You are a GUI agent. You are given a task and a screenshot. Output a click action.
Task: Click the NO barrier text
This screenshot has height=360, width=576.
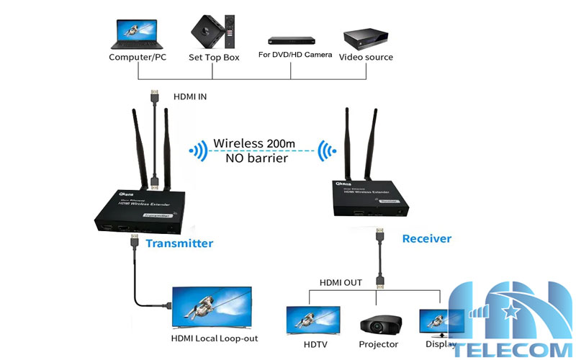pyautogui.click(x=256, y=158)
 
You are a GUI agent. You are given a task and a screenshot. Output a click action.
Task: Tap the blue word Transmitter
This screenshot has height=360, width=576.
pyautogui.click(x=179, y=243)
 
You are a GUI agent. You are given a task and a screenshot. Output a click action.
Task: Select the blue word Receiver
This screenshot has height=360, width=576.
pyautogui.click(x=426, y=238)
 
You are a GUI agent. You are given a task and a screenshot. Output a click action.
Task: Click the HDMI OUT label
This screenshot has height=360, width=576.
pyautogui.click(x=341, y=282)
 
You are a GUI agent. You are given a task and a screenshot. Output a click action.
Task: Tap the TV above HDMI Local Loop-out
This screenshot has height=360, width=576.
pyautogui.click(x=212, y=307)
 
